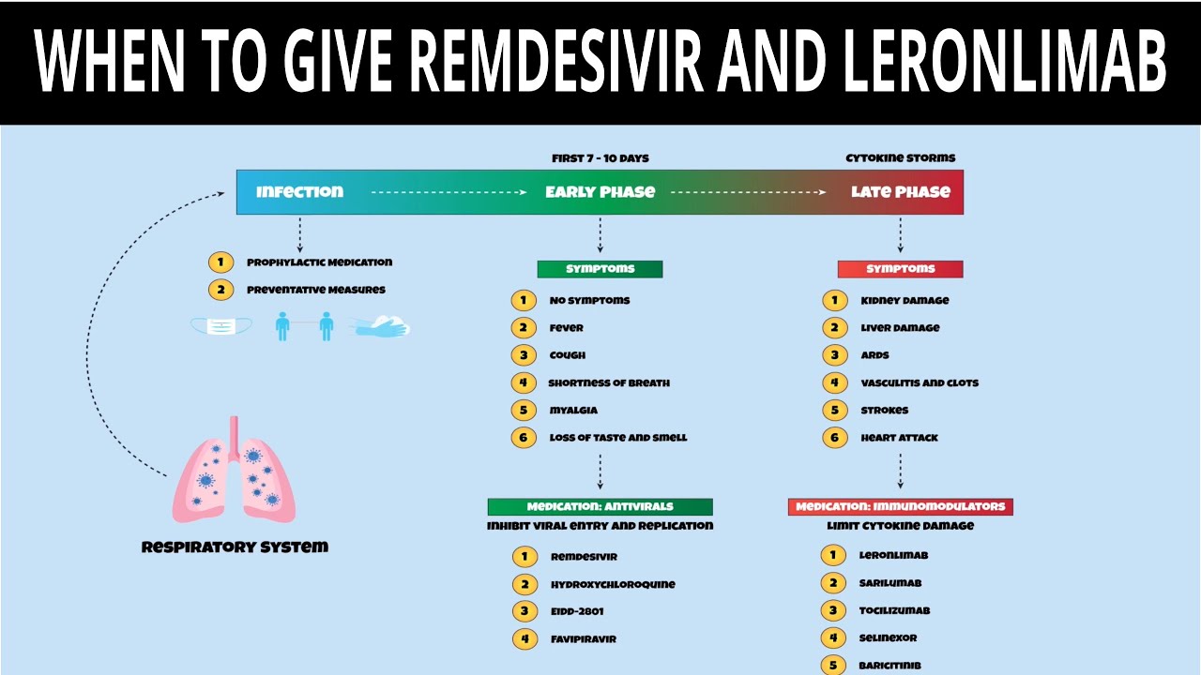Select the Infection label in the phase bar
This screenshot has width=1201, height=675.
(299, 191)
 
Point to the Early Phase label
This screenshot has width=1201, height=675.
(600, 191)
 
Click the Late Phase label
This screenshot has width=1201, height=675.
(901, 191)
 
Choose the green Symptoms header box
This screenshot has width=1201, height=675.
(600, 269)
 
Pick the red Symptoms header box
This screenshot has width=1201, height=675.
(901, 269)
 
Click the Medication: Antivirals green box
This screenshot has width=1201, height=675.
(600, 506)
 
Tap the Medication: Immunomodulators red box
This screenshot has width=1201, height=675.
(901, 506)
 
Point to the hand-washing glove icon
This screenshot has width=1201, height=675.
(381, 326)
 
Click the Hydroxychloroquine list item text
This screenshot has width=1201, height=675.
(613, 584)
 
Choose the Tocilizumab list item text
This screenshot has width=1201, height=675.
(894, 610)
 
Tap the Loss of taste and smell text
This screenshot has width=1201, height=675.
(618, 438)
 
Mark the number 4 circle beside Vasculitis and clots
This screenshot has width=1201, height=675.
(834, 382)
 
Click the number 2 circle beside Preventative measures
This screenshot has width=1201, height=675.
(220, 290)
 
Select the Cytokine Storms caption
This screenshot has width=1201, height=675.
(901, 157)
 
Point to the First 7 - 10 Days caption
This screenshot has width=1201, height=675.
(600, 157)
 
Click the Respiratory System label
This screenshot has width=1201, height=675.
(235, 547)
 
